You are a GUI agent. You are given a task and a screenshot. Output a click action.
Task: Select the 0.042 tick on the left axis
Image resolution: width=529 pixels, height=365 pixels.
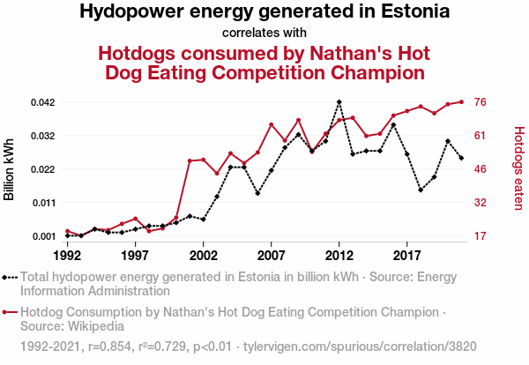(x=42, y=102)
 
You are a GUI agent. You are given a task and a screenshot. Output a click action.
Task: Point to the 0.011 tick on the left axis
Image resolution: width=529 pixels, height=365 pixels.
(x=42, y=203)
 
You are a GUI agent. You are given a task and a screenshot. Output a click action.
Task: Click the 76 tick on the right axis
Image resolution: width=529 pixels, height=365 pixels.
(x=481, y=102)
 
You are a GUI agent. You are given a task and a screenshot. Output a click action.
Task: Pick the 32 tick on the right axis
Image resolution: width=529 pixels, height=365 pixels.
(x=481, y=203)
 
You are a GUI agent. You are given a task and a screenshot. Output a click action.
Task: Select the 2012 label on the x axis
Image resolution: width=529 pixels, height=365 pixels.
(x=339, y=255)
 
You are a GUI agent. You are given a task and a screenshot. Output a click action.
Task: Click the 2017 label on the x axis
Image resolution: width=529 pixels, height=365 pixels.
(x=406, y=255)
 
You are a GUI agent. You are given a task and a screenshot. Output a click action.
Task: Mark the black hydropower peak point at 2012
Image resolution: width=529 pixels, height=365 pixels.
(x=339, y=102)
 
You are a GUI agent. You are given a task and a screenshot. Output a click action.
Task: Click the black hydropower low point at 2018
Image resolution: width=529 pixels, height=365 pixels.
(x=421, y=190)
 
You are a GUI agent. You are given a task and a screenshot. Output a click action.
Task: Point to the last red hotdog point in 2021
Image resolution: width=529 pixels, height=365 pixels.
(x=461, y=101)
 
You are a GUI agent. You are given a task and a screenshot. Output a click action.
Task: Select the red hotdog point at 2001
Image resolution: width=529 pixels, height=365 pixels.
(x=190, y=160)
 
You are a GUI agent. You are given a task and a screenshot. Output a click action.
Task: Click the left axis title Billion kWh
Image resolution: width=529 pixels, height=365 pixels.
(x=10, y=168)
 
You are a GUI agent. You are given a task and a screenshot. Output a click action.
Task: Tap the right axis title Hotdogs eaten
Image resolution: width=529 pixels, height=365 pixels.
(x=518, y=168)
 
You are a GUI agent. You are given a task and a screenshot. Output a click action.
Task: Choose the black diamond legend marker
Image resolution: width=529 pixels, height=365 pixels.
(x=9, y=276)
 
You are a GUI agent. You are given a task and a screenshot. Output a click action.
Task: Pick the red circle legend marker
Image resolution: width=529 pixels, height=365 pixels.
(x=9, y=312)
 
